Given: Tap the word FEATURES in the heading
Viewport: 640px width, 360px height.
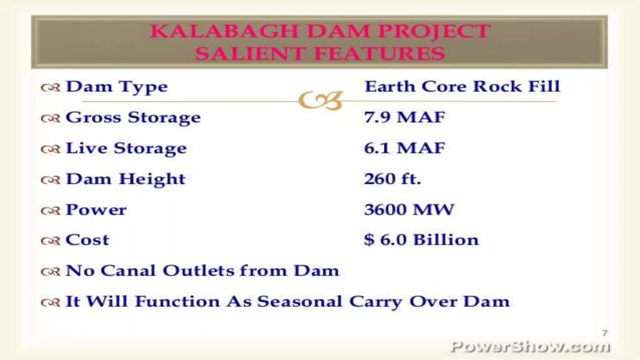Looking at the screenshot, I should pos(379,53).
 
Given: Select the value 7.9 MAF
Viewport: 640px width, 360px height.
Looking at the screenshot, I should pos(404,117).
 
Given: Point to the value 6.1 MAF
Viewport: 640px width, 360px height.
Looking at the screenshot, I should pos(404,148).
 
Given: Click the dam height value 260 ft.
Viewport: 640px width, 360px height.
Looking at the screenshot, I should pos(392,179).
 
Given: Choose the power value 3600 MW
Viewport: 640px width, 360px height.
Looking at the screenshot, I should pos(409,210).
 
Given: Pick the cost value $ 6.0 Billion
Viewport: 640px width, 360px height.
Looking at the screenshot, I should pos(421,240).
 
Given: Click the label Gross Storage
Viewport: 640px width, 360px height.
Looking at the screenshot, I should pos(133,118).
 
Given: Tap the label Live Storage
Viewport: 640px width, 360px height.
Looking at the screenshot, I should pos(126,148).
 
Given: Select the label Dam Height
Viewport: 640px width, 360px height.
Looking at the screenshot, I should pos(126,179).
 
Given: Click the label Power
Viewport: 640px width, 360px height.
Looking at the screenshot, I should pos(96,210).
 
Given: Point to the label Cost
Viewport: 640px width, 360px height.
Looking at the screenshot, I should pos(87,240).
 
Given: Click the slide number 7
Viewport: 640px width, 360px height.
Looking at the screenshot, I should pos(605,333).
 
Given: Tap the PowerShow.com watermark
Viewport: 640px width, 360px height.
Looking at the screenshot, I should pos(530,347).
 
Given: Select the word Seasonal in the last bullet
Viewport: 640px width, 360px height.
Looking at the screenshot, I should pos(300,302).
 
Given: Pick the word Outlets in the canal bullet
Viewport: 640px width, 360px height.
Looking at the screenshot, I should pos(198,271).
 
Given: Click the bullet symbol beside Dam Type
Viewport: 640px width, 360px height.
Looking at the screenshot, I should pos(50,88).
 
